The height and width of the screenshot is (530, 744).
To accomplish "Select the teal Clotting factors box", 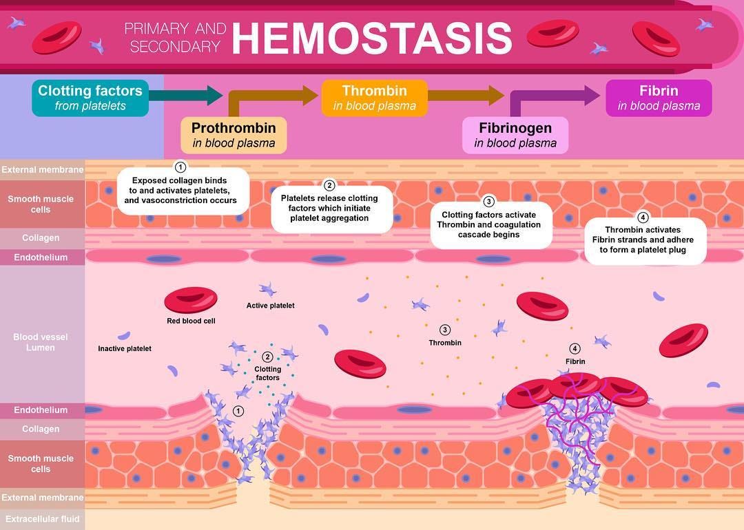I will point(90,98).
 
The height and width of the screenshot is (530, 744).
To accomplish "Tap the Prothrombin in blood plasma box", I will point(234,135).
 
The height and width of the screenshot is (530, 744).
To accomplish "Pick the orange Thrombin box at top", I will point(375,98).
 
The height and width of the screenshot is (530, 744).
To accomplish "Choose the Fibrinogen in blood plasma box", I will point(515,135).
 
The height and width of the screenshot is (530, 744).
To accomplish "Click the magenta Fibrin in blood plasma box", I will point(659,98).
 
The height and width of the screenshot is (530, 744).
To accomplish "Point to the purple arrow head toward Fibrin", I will point(592,95).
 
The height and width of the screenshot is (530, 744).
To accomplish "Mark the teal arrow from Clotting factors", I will point(186,95).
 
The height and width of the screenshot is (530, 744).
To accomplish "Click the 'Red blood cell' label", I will point(191,321).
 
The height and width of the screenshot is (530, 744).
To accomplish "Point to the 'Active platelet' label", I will point(270,306).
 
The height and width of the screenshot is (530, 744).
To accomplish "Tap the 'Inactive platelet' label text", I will point(125,349).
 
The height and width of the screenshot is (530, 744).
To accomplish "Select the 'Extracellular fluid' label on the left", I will point(41,519).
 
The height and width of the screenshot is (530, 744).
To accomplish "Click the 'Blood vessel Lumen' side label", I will point(41,342).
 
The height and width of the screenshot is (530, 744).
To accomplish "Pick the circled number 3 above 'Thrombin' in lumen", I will point(445,330).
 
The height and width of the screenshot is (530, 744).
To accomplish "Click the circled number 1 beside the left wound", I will point(238,411).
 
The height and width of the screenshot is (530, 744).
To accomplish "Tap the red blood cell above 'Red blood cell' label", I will point(191,300).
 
